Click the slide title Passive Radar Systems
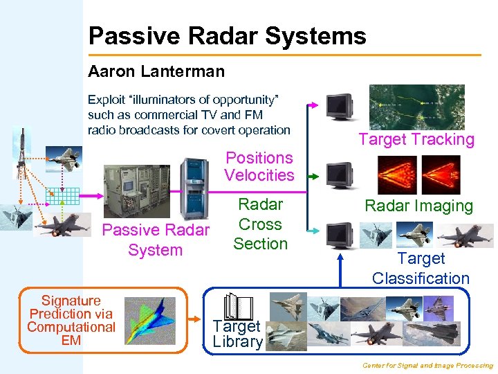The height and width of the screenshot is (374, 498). point(227,36)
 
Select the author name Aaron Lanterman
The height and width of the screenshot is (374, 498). point(156,71)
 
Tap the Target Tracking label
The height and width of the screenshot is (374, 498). point(416,140)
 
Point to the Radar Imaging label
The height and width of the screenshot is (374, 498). point(419,206)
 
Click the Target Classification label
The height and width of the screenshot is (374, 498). point(421,269)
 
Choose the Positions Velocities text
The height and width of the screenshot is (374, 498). point(259,167)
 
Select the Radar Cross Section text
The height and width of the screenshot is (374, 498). point(260,224)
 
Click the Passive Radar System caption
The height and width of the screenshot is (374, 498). point(155,240)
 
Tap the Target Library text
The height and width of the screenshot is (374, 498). point(237,334)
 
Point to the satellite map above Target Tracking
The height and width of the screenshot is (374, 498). point(416,107)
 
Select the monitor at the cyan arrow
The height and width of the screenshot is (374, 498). point(340,235)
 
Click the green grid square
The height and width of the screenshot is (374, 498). point(62,199)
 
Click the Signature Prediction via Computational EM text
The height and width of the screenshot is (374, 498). point(71,320)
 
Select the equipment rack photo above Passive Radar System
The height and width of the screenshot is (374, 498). point(136,191)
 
